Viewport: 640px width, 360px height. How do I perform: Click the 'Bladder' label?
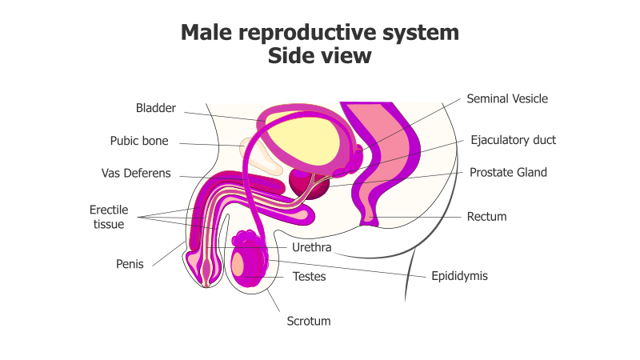click(x=155, y=108)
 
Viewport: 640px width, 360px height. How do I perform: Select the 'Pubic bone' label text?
click(x=139, y=142)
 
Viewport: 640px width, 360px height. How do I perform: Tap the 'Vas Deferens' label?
click(x=136, y=174)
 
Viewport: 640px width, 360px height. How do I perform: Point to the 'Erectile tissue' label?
click(x=107, y=217)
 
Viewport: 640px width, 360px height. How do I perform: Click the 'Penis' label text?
click(x=130, y=264)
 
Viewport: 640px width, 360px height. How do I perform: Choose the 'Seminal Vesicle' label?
click(x=507, y=99)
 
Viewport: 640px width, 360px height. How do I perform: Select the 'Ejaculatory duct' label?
click(x=513, y=140)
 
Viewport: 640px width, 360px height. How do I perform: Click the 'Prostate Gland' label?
click(x=508, y=172)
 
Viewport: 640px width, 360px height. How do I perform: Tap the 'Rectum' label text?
click(x=487, y=216)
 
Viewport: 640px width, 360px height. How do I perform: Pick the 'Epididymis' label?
click(x=459, y=276)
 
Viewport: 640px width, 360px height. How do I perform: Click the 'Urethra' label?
click(x=311, y=248)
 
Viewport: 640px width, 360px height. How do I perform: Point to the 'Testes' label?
click(x=309, y=277)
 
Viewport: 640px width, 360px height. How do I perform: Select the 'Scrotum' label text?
click(x=309, y=322)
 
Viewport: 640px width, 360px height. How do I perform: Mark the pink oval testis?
click(x=244, y=264)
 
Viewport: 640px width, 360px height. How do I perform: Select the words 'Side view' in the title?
click(x=320, y=56)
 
